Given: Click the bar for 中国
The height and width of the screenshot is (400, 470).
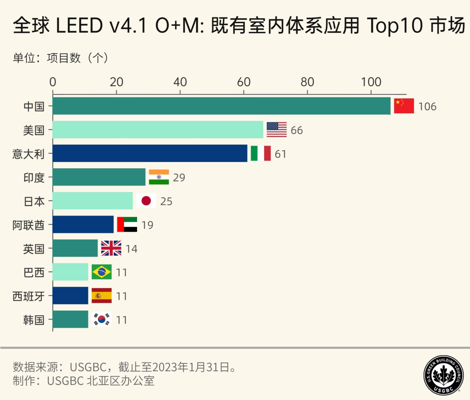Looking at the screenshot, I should click(222, 106).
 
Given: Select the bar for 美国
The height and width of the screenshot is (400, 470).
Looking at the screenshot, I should click(158, 130).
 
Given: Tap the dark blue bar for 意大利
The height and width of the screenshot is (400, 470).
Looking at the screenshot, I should click(150, 153).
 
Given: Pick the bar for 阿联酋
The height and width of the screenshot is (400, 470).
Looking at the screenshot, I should click(83, 224).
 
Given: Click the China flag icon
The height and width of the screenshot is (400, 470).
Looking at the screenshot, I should click(404, 106).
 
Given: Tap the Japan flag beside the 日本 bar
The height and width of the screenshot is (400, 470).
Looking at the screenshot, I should click(146, 201).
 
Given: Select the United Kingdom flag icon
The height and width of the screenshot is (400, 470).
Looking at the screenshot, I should click(111, 248).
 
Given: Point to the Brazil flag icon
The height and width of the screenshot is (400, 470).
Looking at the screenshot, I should click(101, 272).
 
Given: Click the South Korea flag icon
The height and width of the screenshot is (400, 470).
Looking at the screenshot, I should click(101, 319).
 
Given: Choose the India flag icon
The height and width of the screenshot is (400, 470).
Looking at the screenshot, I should click(159, 177).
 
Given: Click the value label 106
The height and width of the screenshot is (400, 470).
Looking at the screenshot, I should click(427, 107).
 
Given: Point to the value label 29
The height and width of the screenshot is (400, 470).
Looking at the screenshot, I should click(179, 178).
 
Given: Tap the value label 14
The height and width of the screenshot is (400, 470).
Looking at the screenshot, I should click(131, 249).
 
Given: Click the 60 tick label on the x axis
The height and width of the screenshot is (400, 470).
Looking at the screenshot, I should click(244, 82).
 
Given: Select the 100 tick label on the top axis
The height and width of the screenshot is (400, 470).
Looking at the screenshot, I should click(371, 82).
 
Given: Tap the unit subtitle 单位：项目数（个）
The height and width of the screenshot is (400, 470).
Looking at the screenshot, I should click(60, 58).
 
